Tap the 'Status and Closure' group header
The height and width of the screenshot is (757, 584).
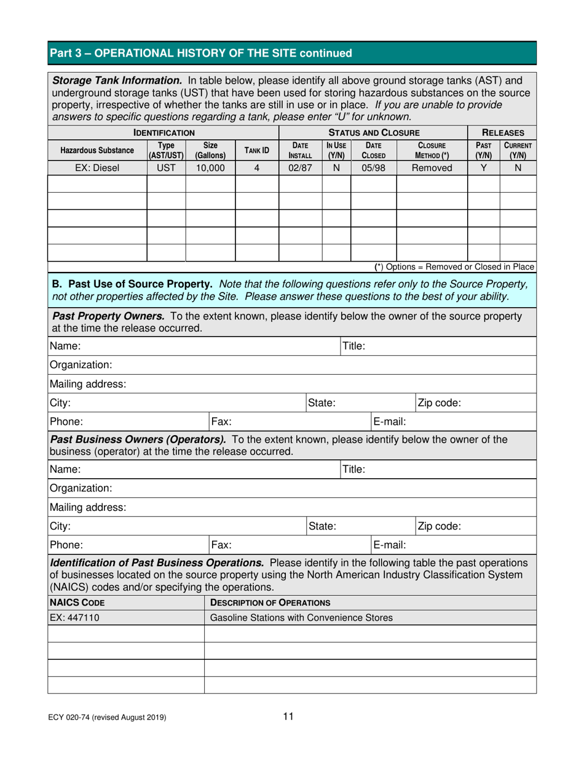point(374,132)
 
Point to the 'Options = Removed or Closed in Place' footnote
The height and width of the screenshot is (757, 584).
point(454,266)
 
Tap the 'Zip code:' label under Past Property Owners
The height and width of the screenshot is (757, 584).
point(440,403)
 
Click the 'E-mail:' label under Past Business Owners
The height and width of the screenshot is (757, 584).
point(389,545)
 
